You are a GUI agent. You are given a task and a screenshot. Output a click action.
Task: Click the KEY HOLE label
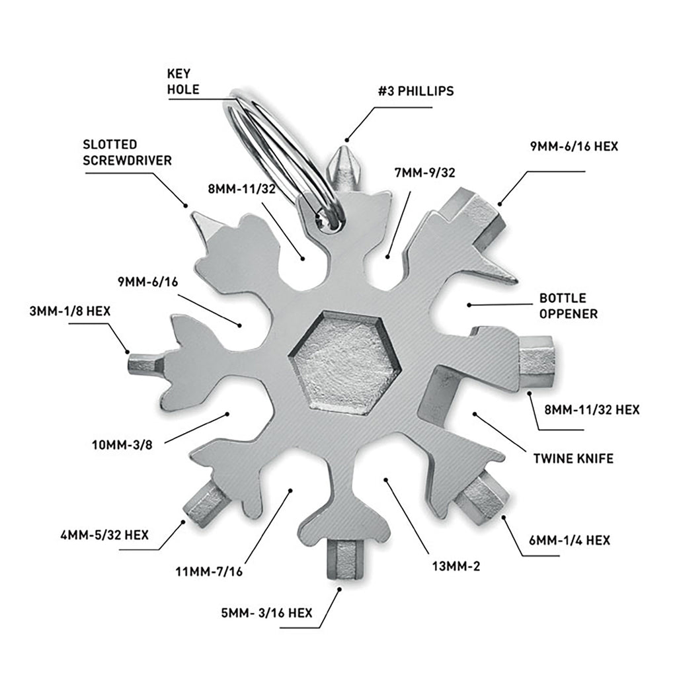[183, 81]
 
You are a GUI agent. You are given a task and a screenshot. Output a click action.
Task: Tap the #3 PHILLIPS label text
[416, 91]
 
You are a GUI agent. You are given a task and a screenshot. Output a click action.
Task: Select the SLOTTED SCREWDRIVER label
[128, 152]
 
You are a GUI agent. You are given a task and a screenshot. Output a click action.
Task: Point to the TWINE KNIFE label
[573, 458]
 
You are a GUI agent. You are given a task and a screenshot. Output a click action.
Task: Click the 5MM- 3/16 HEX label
[270, 612]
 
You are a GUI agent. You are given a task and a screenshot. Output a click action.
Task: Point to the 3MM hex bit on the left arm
[144, 363]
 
